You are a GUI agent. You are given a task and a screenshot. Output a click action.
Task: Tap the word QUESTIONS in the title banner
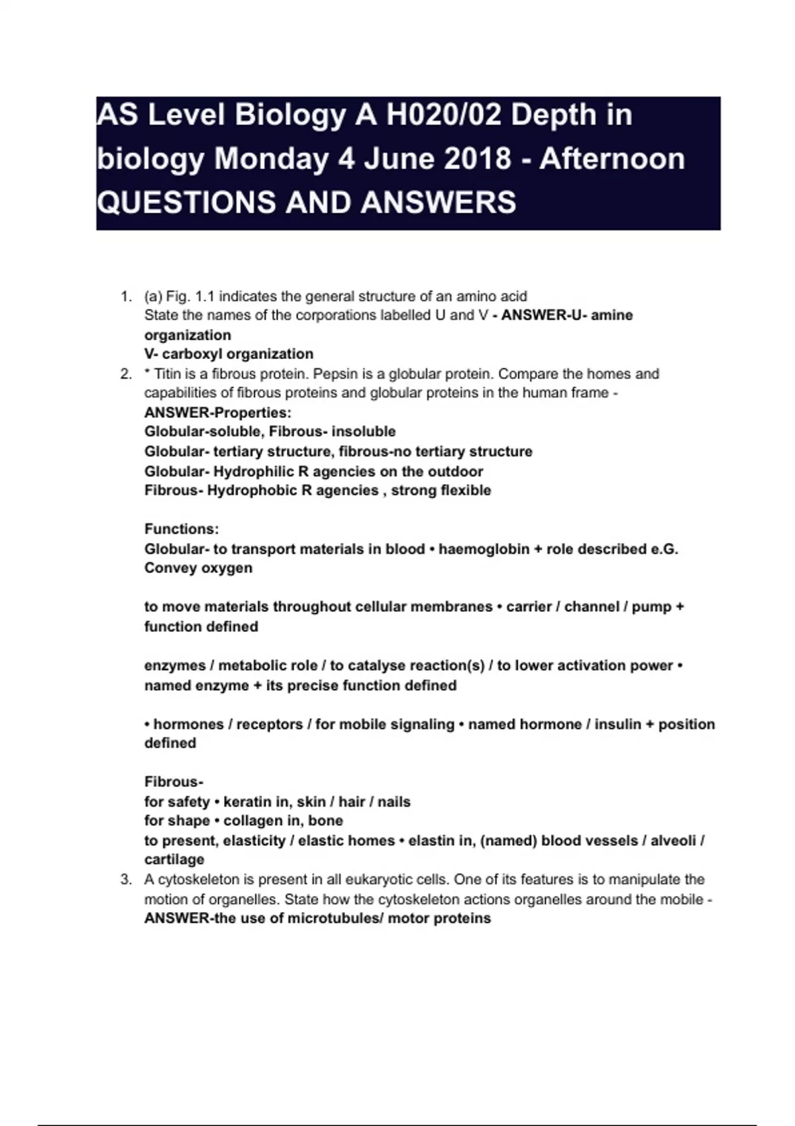pyautogui.click(x=186, y=202)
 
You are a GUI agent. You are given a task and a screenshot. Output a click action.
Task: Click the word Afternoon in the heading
pyautogui.click(x=613, y=159)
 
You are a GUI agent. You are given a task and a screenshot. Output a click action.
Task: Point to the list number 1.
pyautogui.click(x=126, y=296)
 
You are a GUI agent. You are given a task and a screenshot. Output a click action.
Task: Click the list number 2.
pyautogui.click(x=126, y=374)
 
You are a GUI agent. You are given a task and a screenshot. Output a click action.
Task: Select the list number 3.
pyautogui.click(x=126, y=880)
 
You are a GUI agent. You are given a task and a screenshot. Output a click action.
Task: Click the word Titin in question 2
pyautogui.click(x=168, y=374)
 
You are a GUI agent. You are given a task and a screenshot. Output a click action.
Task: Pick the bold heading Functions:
pyautogui.click(x=182, y=529)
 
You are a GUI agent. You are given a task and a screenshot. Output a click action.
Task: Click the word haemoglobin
pyautogui.click(x=484, y=549)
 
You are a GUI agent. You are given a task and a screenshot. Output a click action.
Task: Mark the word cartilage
pyautogui.click(x=174, y=860)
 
